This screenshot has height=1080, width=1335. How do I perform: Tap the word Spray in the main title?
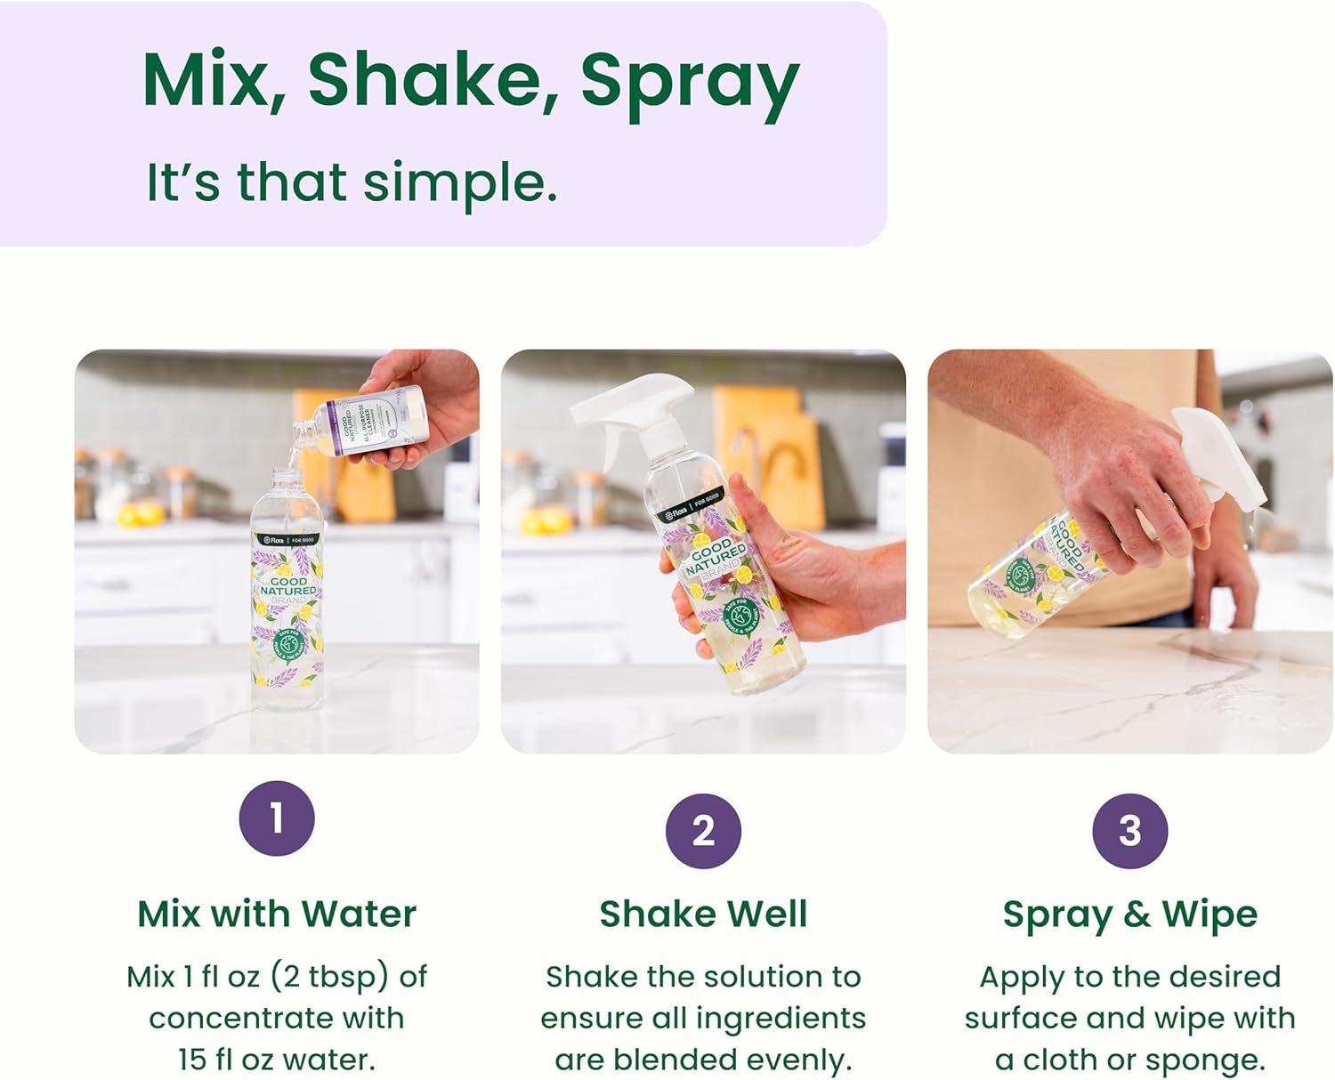click(x=690, y=82)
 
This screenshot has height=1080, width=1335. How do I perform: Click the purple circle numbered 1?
click(x=277, y=818)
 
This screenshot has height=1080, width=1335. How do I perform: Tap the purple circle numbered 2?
click(x=703, y=831)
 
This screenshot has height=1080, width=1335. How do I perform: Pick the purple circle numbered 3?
click(x=1129, y=831)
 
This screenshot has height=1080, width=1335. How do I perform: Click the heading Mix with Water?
click(x=277, y=915)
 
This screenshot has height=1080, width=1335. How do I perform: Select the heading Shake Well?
click(x=703, y=915)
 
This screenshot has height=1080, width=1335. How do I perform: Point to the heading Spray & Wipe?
click(x=1129, y=915)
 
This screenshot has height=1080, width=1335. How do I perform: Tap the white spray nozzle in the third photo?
click(x=1219, y=454)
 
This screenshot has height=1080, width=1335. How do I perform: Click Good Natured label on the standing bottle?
click(x=287, y=590)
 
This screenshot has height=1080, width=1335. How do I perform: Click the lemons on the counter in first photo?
click(x=141, y=513)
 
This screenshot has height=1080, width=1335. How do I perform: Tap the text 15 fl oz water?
click(x=277, y=1060)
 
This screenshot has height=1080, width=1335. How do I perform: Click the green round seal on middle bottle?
click(x=739, y=614)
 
